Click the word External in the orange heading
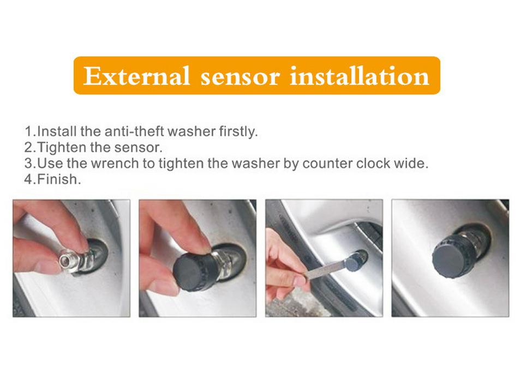[x=136, y=76]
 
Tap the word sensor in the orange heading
[x=241, y=76]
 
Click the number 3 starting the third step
[x=28, y=164]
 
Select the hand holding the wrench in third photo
[x=284, y=262]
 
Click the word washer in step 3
[x=267, y=164]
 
